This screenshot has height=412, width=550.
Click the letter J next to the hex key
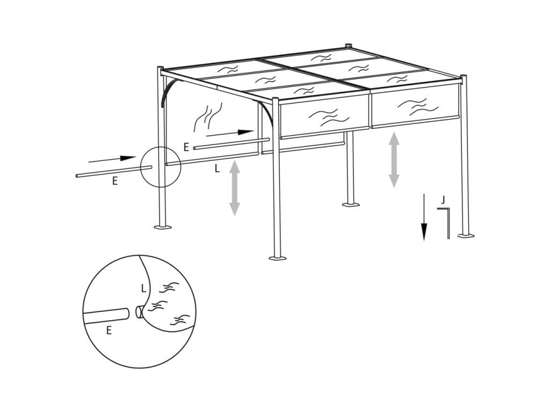(x=443, y=200)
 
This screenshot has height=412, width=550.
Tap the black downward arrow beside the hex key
(x=424, y=217)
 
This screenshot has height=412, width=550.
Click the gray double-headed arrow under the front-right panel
(x=394, y=159)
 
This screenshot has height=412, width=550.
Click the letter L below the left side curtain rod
(x=217, y=169)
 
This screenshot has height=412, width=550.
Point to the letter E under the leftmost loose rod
(x=115, y=181)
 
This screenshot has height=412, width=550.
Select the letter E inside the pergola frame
(x=186, y=147)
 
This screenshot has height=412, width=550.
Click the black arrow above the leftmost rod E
(x=112, y=159)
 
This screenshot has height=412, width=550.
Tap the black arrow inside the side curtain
(x=230, y=133)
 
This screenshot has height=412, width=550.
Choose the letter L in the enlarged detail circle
(x=143, y=288)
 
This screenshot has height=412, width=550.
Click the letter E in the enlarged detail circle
(x=109, y=330)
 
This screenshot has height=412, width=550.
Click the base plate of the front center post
(x=278, y=259)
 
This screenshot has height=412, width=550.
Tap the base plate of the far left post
(x=163, y=227)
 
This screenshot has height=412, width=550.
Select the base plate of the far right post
(x=466, y=236)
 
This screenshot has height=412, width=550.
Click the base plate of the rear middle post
(x=351, y=204)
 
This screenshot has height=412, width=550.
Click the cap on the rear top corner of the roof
(x=349, y=46)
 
